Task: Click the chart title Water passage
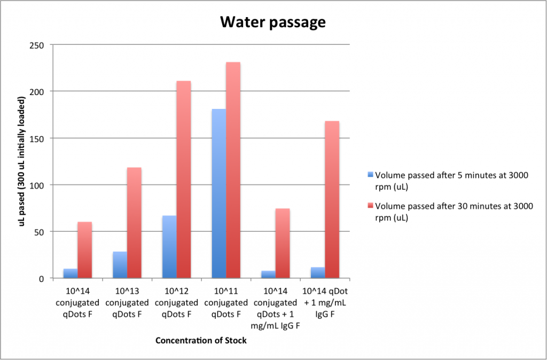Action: coord(273,22)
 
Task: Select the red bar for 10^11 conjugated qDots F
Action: coord(233,170)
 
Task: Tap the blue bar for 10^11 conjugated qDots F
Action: coord(218,193)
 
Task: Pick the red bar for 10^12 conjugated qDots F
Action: coord(184,179)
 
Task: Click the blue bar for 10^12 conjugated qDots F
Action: coord(169,247)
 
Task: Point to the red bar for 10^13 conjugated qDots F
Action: coord(134,223)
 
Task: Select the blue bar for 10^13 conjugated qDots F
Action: coord(120,265)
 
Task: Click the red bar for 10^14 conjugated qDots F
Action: coord(85,250)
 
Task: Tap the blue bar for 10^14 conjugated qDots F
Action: coord(71,273)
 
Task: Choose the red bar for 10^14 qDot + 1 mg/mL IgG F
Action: coord(332,200)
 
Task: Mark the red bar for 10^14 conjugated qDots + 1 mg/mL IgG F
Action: coord(283,243)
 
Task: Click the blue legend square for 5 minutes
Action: coord(371,174)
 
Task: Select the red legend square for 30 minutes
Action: coord(371,205)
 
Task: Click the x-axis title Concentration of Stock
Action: coord(201,340)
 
